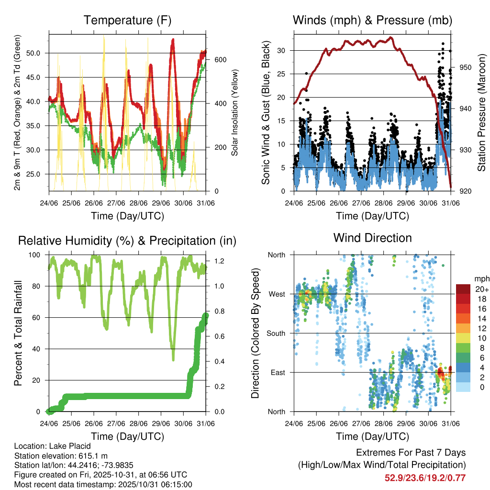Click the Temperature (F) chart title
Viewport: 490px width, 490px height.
(x=127, y=20)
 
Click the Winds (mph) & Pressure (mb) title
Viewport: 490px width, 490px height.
(x=372, y=20)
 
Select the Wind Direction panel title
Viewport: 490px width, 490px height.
(x=372, y=238)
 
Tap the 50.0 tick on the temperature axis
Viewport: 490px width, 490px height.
(x=37, y=53)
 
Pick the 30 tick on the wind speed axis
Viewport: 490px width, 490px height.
(x=281, y=50)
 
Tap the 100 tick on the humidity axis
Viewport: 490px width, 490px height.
(x=37, y=255)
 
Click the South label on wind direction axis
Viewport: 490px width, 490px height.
(x=276, y=333)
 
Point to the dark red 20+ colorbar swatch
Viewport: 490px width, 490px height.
(x=465, y=289)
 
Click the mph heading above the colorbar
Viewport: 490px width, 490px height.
(x=481, y=278)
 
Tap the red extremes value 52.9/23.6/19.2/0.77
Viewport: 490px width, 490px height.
(x=425, y=478)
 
